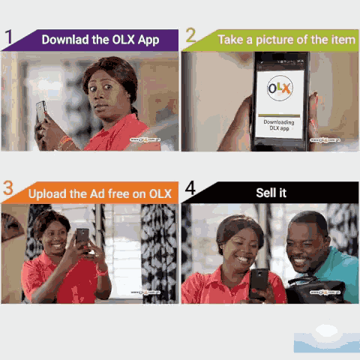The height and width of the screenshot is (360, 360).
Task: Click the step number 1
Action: (9, 37)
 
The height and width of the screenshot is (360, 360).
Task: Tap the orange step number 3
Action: (8, 189)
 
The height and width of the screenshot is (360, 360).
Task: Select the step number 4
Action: (190, 188)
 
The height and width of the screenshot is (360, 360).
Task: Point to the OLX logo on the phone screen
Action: (280, 88)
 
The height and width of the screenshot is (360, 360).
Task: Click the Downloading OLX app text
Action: (280, 126)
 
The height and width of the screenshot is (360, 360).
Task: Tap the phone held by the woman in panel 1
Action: (41, 111)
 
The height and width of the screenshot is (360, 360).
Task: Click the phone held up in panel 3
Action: (82, 238)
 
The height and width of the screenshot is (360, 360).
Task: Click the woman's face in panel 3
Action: (52, 237)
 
